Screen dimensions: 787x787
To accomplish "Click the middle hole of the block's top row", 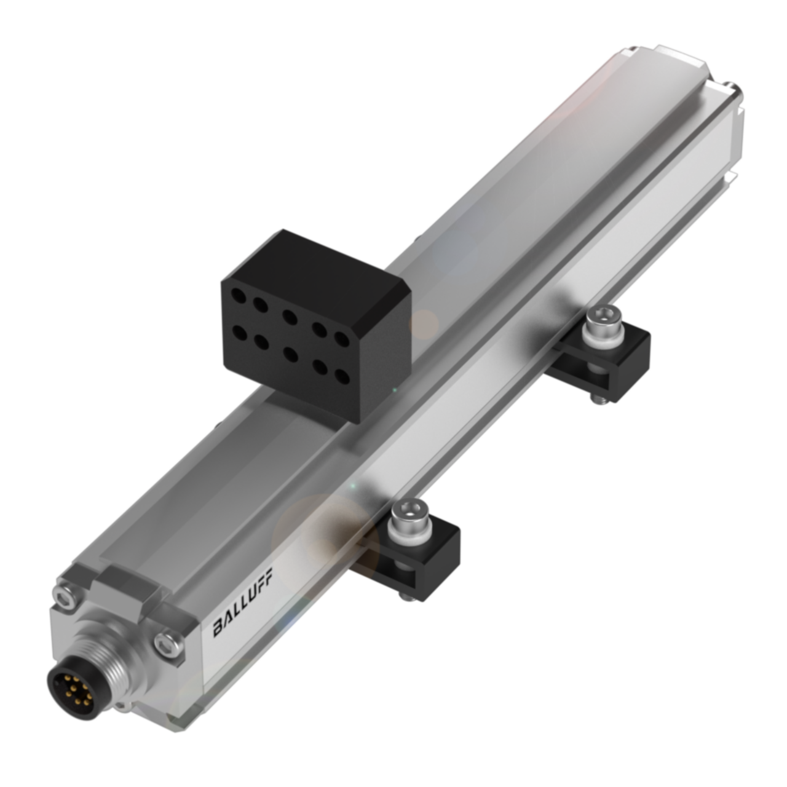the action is point(290,317).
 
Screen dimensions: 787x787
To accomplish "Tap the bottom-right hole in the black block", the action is point(342,376).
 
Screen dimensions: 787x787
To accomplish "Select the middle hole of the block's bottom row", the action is point(290,354).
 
